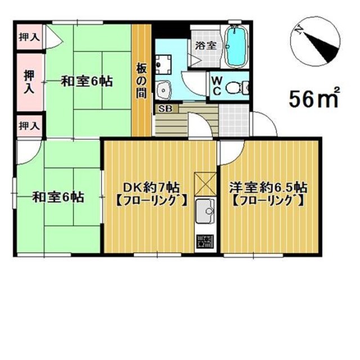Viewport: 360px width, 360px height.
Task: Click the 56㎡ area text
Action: [x=314, y=98]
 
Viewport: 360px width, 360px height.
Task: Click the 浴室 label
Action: [x=206, y=46]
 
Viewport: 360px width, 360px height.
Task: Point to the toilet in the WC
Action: [x=236, y=87]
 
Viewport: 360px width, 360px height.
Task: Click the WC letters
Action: [x=217, y=86]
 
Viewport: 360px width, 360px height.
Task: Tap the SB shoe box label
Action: [x=166, y=109]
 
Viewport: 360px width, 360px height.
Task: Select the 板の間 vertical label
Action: [x=141, y=80]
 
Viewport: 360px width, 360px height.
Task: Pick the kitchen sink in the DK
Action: [x=205, y=211]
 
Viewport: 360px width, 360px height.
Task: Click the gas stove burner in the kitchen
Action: [x=205, y=242]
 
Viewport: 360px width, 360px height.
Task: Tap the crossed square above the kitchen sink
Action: [x=205, y=184]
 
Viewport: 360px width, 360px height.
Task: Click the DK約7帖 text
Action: [x=151, y=187]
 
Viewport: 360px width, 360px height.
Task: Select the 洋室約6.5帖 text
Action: [x=269, y=187]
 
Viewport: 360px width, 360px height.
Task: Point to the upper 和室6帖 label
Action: [x=87, y=81]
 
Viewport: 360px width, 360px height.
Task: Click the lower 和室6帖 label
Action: [x=58, y=197]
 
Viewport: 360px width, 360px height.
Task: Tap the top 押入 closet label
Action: [x=29, y=37]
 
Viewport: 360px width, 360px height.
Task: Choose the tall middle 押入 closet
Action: [x=30, y=82]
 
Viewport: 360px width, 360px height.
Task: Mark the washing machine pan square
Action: [x=164, y=65]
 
